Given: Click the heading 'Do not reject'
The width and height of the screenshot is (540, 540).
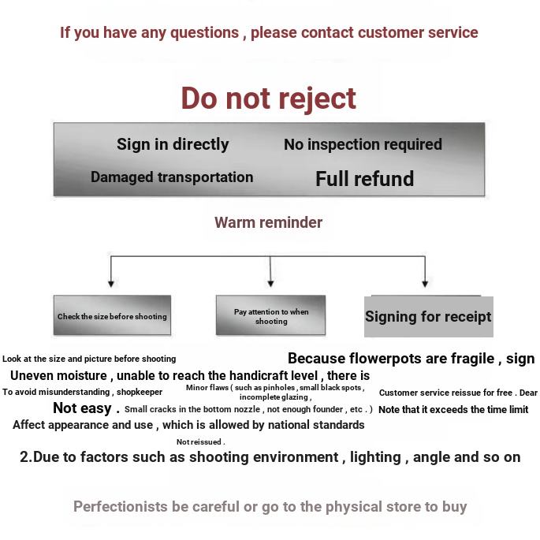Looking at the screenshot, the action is tap(268, 99).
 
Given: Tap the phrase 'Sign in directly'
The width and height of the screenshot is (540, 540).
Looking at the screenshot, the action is tap(173, 144).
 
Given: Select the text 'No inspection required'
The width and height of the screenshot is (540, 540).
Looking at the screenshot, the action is tap(363, 144).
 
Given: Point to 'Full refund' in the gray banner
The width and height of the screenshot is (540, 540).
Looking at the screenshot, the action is tap(365, 179).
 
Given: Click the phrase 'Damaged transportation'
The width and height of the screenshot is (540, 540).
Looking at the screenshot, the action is tap(172, 177).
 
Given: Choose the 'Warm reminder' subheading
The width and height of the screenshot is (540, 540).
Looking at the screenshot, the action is tap(268, 222).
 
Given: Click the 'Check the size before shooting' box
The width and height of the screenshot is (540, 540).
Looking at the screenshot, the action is tap(112, 315).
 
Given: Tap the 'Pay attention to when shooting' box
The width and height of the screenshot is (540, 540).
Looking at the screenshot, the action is tap(270, 315).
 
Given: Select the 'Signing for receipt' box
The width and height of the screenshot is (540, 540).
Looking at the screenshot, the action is tap(429, 316).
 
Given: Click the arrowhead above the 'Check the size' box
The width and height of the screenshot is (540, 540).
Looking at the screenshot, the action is tap(111, 284).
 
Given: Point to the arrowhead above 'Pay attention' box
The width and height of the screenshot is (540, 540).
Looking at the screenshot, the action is tap(270, 284).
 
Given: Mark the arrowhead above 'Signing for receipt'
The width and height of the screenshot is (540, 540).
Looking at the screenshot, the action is tap(425, 284).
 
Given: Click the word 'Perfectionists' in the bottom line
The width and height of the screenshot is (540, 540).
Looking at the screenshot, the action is tap(120, 507).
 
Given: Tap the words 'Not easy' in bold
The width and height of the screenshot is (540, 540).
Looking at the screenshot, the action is tap(82, 408).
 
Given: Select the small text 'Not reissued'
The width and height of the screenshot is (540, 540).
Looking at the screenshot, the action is tap(199, 441).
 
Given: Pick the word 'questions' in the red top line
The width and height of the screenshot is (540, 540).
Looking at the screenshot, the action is tap(204, 33).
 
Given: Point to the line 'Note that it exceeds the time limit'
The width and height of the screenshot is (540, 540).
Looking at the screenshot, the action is tap(453, 409).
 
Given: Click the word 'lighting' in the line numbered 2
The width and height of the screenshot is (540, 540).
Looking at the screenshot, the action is tap(375, 458).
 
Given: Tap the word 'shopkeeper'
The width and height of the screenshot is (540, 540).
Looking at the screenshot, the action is tap(140, 393).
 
